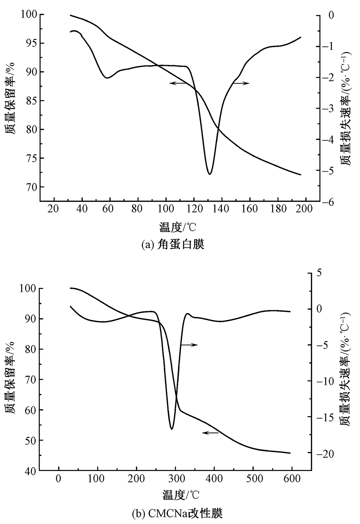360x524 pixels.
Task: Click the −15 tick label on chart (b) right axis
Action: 326,417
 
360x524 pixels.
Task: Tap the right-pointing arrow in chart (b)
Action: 189,345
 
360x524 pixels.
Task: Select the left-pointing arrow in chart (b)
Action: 210,433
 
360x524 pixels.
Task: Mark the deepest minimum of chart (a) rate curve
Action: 209,174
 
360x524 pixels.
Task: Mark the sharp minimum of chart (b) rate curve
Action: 172,429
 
